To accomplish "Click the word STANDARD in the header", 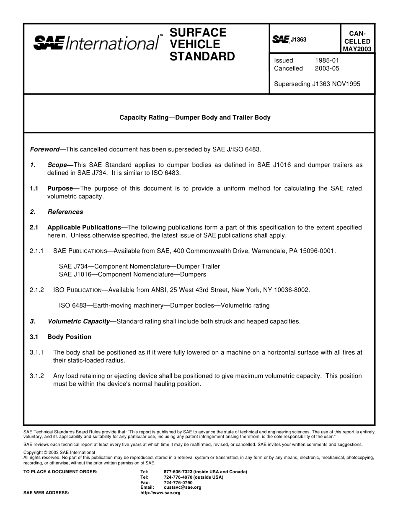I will (202, 57).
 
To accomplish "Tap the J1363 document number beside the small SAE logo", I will (298, 40).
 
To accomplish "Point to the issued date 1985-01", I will (327, 60).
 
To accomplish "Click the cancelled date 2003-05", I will (327, 68).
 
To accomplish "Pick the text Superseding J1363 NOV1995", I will (317, 84).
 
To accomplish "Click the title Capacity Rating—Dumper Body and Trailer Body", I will (195, 117).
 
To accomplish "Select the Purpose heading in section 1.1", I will (63, 188).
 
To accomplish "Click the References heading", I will (65, 212).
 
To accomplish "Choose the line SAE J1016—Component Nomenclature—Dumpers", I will (132, 274).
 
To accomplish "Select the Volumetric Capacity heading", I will (81, 321).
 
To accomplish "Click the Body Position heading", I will (69, 337).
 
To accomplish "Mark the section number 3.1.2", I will (37, 376).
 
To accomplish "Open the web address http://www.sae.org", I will (160, 493).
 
